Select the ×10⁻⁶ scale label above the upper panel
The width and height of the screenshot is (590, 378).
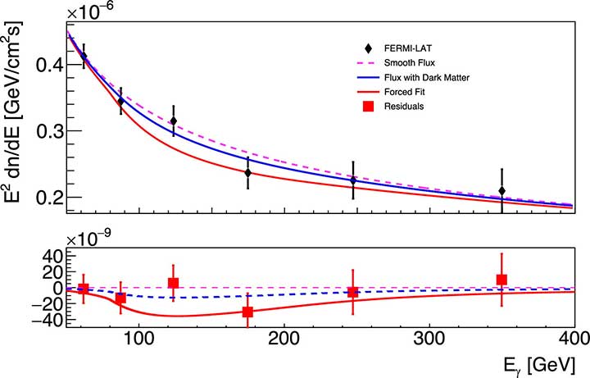[x=93, y=11]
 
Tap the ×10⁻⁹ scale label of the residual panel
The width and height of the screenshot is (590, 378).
[x=93, y=239]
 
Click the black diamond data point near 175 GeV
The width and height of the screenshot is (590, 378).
[x=248, y=173]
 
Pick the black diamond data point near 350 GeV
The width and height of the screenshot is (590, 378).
[x=501, y=191]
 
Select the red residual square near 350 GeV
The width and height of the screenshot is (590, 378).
[x=501, y=280]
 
